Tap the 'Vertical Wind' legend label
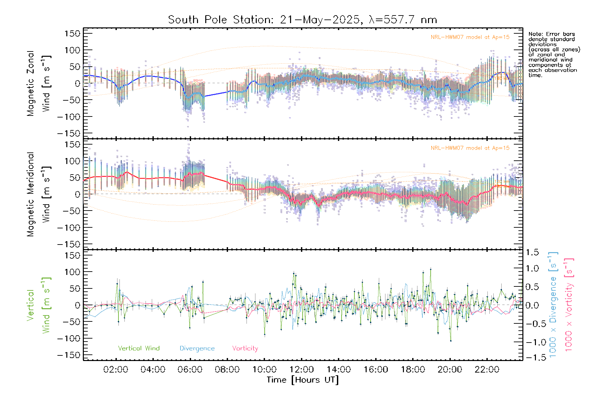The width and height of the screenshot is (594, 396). [x=139, y=348]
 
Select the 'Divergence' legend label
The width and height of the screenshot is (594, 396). [x=197, y=348]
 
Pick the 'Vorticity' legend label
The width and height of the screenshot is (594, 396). [x=245, y=348]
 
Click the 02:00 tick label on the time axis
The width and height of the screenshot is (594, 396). [x=115, y=370]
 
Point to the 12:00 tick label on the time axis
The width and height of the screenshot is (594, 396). [x=301, y=370]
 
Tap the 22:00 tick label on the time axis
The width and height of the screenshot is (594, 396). [x=487, y=370]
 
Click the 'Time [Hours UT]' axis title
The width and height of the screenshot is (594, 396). [x=303, y=380]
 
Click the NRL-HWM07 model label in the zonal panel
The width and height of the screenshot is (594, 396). [x=470, y=37]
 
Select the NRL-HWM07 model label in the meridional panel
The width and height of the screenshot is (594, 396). [x=470, y=148]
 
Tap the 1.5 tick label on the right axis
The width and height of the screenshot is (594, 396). [x=532, y=252]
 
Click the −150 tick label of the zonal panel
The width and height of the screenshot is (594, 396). [x=69, y=134]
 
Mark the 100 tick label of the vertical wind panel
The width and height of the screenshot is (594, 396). [x=72, y=272]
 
